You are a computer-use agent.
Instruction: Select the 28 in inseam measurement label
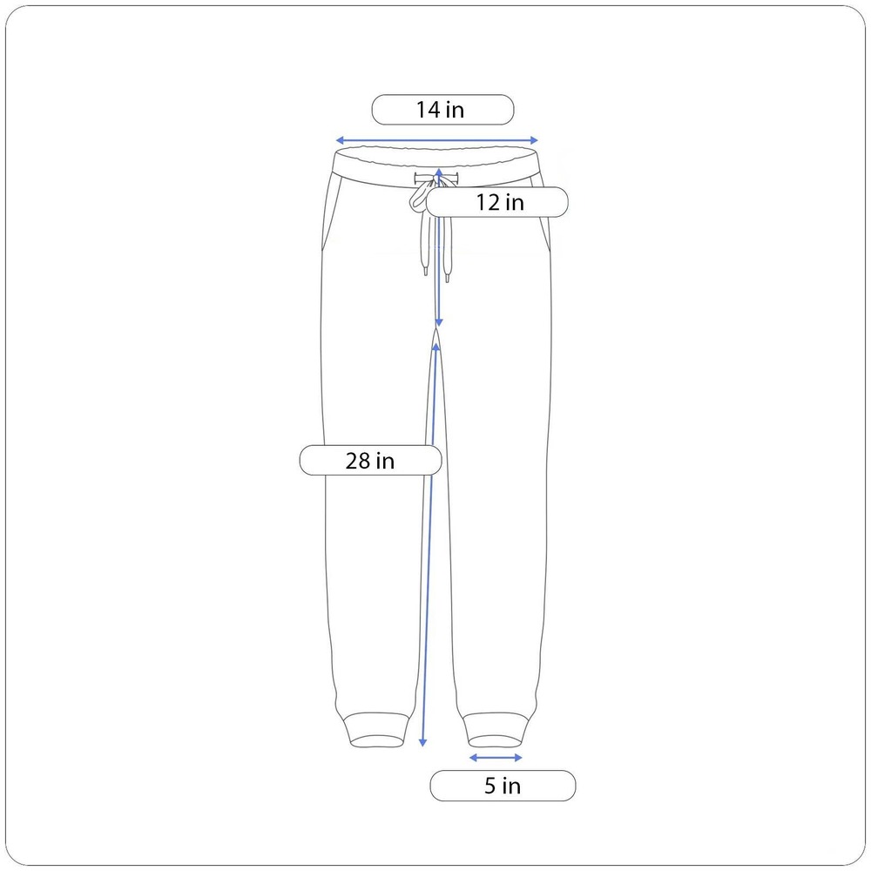click(370, 461)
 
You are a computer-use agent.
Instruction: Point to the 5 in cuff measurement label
click(503, 786)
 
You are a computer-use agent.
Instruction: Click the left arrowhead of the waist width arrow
click(340, 140)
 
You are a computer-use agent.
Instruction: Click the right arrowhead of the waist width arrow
click(535, 140)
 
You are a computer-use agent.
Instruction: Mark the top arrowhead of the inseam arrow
click(436, 347)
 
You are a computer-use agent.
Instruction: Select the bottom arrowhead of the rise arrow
click(439, 323)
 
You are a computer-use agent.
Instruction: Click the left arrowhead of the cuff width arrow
click(473, 758)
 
